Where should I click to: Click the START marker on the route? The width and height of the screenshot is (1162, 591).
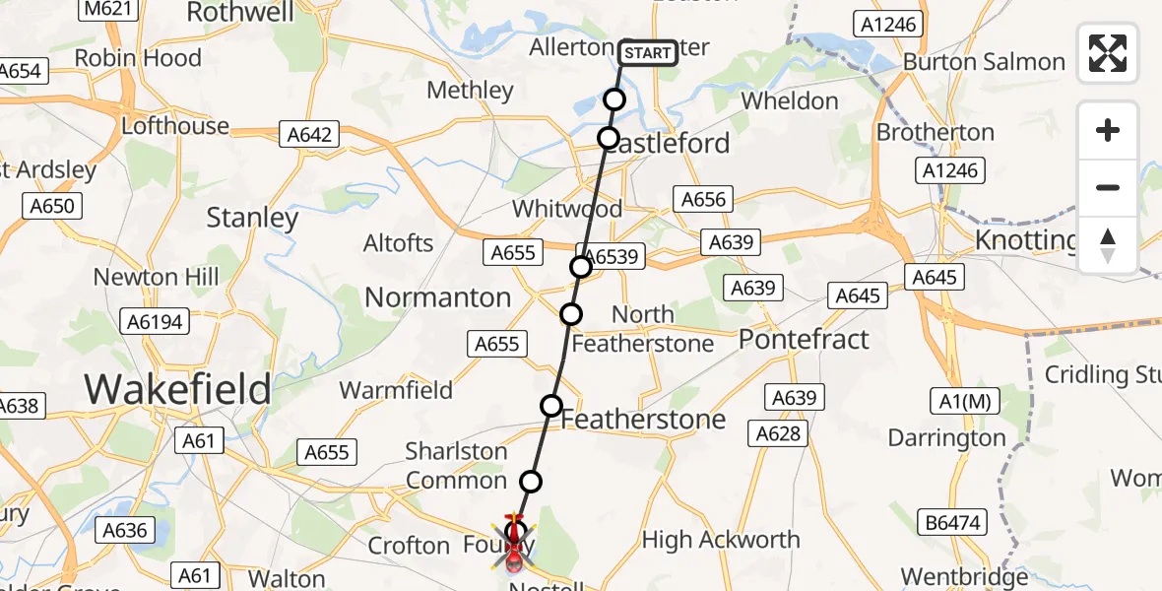tap(649, 52)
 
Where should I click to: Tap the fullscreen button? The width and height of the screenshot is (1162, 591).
tap(1108, 53)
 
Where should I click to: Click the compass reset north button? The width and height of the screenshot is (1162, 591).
tap(1108, 245)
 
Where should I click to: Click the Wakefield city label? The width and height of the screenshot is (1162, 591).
tap(177, 389)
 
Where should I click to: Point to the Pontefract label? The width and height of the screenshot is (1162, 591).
tap(804, 340)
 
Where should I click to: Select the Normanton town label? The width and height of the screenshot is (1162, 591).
tap(437, 297)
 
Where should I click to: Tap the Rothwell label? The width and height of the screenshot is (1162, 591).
tap(240, 12)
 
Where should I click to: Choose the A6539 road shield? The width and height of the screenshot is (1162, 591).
tap(616, 258)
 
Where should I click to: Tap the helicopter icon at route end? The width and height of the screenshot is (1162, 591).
tap(513, 547)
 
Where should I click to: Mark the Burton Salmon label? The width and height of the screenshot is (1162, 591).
tap(984, 62)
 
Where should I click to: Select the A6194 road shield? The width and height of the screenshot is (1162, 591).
tap(156, 321)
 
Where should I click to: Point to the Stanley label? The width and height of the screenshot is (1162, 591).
tap(252, 218)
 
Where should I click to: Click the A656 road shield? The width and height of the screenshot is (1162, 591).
tap(704, 200)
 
